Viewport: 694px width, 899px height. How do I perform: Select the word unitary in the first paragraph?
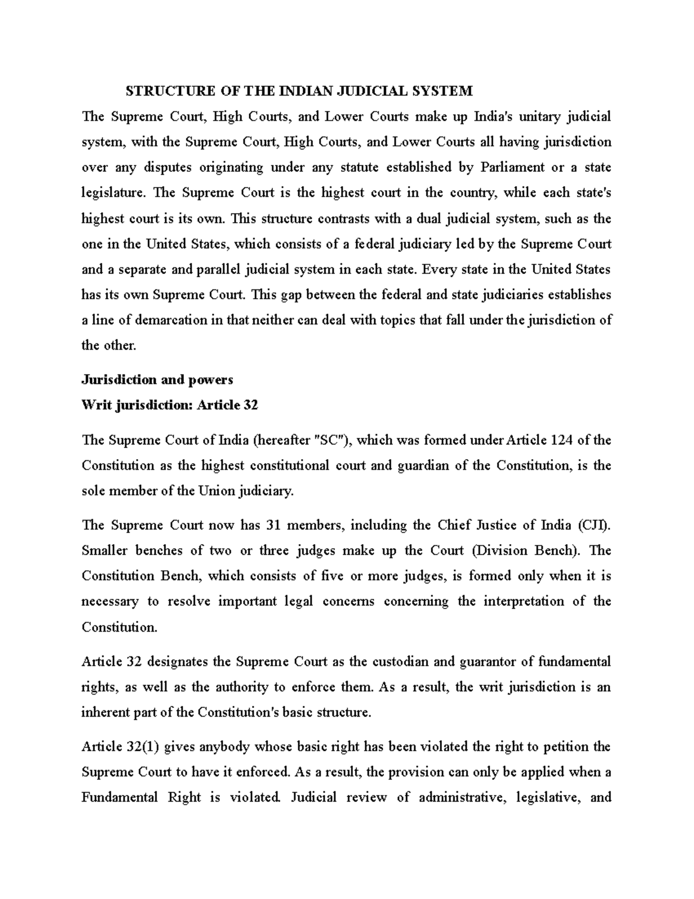pyautogui.click(x=540, y=116)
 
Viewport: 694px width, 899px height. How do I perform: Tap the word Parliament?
pyautogui.click(x=512, y=167)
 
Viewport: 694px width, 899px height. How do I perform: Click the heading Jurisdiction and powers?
pyautogui.click(x=157, y=380)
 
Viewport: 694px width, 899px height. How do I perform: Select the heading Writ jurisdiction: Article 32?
pyautogui.click(x=169, y=405)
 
